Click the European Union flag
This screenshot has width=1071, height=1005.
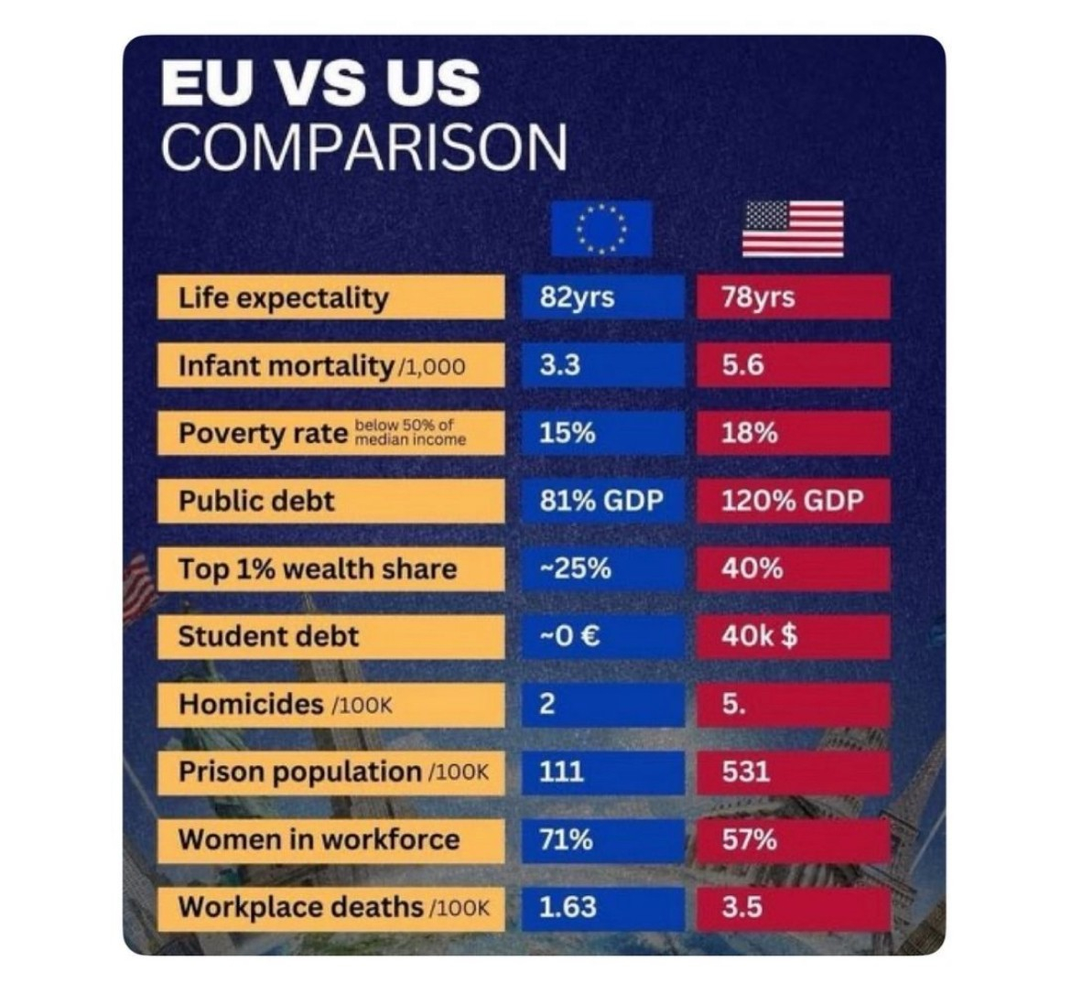[600, 228]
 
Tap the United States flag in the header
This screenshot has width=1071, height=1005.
[792, 228]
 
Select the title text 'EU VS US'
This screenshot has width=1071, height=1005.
[320, 83]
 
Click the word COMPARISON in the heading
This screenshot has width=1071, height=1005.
[363, 146]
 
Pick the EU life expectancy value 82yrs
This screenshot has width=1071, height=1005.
[577, 297]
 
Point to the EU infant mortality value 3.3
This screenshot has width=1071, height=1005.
[559, 365]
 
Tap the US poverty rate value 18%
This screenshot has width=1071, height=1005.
[749, 433]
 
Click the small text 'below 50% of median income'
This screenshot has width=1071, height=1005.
[409, 433]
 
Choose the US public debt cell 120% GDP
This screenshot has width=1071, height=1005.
[792, 501]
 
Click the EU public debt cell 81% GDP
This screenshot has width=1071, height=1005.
[600, 501]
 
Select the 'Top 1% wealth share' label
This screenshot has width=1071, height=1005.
[317, 568]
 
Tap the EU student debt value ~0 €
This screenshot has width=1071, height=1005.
[569, 636]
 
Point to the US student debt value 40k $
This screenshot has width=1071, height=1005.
[758, 636]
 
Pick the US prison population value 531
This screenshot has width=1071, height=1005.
[745, 772]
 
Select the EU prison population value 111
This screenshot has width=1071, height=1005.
[561, 772]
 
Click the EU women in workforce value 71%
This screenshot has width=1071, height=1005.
[566, 839]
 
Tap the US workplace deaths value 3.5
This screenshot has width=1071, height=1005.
[741, 907]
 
